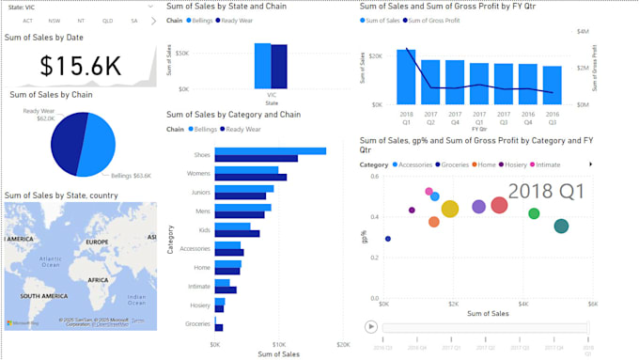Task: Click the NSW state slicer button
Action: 55,20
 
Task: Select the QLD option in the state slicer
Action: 107,20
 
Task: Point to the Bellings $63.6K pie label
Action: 131,175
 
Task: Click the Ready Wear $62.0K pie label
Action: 39,116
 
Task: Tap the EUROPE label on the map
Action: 98,242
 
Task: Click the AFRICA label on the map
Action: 99,279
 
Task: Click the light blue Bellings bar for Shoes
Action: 270,150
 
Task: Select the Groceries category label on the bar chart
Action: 197,323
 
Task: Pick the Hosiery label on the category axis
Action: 200,305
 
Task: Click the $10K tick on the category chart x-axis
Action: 279,345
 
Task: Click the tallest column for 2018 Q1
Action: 406,76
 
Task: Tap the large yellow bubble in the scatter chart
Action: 450,209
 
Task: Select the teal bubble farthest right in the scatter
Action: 561,226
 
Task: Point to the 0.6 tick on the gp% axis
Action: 373,177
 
